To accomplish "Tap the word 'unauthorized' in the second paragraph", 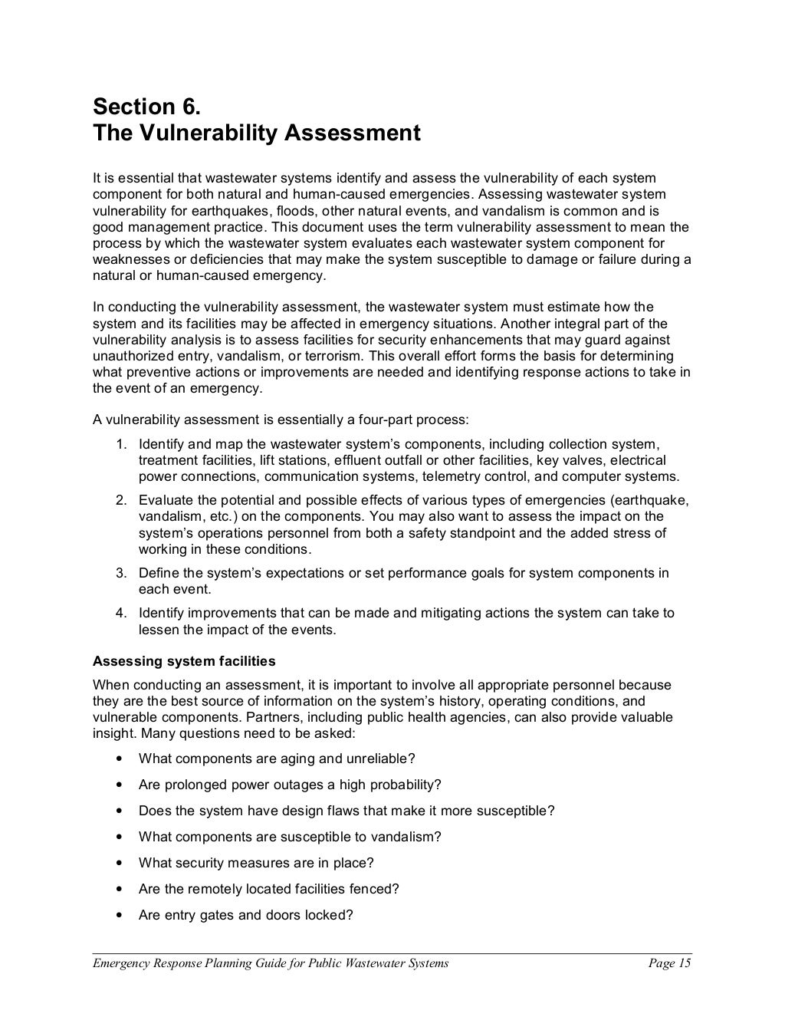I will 130,356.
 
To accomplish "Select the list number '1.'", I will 121,444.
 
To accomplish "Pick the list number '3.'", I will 121,573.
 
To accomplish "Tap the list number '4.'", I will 121,613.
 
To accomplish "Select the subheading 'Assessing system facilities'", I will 184,661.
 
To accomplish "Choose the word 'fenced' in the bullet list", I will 379,889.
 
